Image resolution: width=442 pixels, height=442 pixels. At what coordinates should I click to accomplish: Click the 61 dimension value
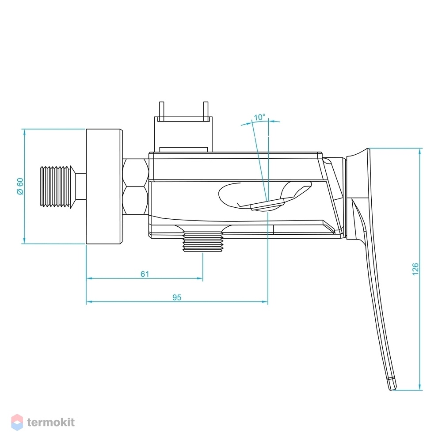tap(145, 274)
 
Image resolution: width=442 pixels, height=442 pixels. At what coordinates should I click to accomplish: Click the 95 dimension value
tap(177, 297)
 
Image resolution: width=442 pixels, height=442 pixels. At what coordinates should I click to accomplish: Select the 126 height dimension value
tap(415, 269)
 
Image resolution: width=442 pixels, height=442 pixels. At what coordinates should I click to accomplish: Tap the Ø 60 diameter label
tap(20, 186)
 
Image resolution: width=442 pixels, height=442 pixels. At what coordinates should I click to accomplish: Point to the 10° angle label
tap(259, 117)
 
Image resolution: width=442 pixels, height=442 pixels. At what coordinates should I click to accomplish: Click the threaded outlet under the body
tap(203, 242)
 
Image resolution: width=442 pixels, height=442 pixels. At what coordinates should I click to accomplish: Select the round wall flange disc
tap(104, 187)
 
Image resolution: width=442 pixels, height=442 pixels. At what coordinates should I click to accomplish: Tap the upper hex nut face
tap(136, 172)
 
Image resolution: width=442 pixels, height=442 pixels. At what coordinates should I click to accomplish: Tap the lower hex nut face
tap(136, 200)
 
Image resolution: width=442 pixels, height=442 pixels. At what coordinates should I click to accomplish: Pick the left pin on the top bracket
tap(161, 111)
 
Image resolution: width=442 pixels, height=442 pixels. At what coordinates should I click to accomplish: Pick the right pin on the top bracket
tap(206, 111)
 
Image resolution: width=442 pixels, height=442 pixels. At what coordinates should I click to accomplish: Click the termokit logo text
tap(51, 422)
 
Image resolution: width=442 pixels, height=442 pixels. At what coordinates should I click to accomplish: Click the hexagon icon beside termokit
tap(17, 422)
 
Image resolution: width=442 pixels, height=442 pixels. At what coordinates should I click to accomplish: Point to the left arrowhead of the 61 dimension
tap(89, 278)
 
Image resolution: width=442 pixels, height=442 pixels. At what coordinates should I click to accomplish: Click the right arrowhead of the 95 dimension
tap(265, 302)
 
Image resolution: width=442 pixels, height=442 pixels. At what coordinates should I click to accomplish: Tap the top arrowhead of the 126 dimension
tap(420, 151)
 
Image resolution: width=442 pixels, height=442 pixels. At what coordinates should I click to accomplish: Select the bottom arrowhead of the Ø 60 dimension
tap(24, 240)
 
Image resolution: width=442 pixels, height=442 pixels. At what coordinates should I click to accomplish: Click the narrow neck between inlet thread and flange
tap(80, 187)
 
